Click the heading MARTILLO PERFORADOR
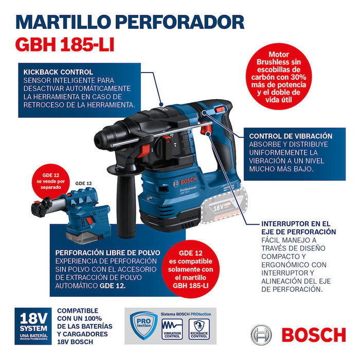point(130,22)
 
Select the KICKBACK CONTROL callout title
point(58,72)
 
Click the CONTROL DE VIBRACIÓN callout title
point(291,136)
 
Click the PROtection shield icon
point(143,326)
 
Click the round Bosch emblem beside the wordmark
point(261,334)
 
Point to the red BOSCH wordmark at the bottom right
point(313,335)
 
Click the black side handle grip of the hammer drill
point(124,206)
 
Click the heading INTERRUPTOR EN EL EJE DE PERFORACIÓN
point(299,228)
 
